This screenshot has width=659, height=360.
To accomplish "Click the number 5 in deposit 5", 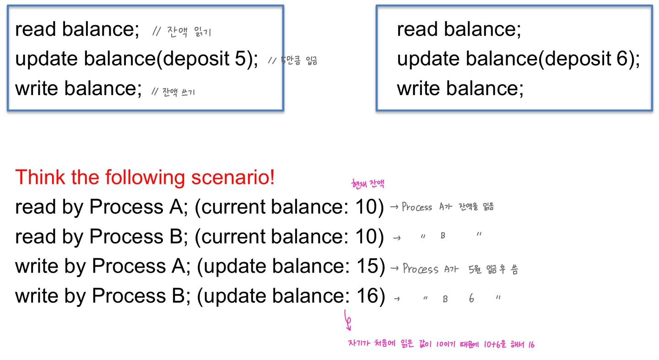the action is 240,58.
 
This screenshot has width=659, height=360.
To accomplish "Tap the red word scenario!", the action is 232,177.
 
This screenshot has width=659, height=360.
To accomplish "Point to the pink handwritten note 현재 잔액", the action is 368,184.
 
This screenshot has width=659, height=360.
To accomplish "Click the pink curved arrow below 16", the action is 348,320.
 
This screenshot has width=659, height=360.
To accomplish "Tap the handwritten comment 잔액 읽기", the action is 189,32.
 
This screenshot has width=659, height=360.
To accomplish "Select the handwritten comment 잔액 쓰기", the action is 178,92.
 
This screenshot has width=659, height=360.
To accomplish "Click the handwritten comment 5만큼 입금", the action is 299,60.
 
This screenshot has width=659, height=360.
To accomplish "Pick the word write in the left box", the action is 37,88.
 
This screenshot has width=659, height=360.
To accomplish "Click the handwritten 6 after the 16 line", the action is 471,298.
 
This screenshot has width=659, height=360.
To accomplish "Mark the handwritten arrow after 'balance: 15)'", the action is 394,268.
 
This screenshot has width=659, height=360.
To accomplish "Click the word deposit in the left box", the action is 196,59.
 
